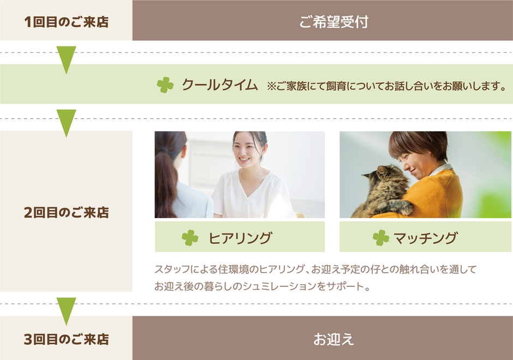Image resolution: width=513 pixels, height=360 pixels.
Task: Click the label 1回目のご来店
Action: (66, 22)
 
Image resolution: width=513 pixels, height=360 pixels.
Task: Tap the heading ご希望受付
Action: (333, 22)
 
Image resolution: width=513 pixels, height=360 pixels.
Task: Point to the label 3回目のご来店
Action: (66, 339)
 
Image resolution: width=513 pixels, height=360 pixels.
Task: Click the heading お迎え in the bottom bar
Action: (333, 339)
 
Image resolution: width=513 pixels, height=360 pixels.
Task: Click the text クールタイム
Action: (219, 85)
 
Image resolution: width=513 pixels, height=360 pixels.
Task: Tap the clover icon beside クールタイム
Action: (165, 85)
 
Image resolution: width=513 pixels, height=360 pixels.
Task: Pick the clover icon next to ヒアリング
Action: (190, 237)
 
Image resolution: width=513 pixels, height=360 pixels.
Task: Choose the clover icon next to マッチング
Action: (381, 237)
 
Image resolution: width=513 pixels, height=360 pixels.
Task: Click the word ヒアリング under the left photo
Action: (240, 238)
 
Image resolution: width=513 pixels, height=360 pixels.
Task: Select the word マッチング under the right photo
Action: (425, 238)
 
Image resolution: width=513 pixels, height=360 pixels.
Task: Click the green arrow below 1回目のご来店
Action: (66, 59)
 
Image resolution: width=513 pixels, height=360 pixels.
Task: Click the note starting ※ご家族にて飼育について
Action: (386, 86)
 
